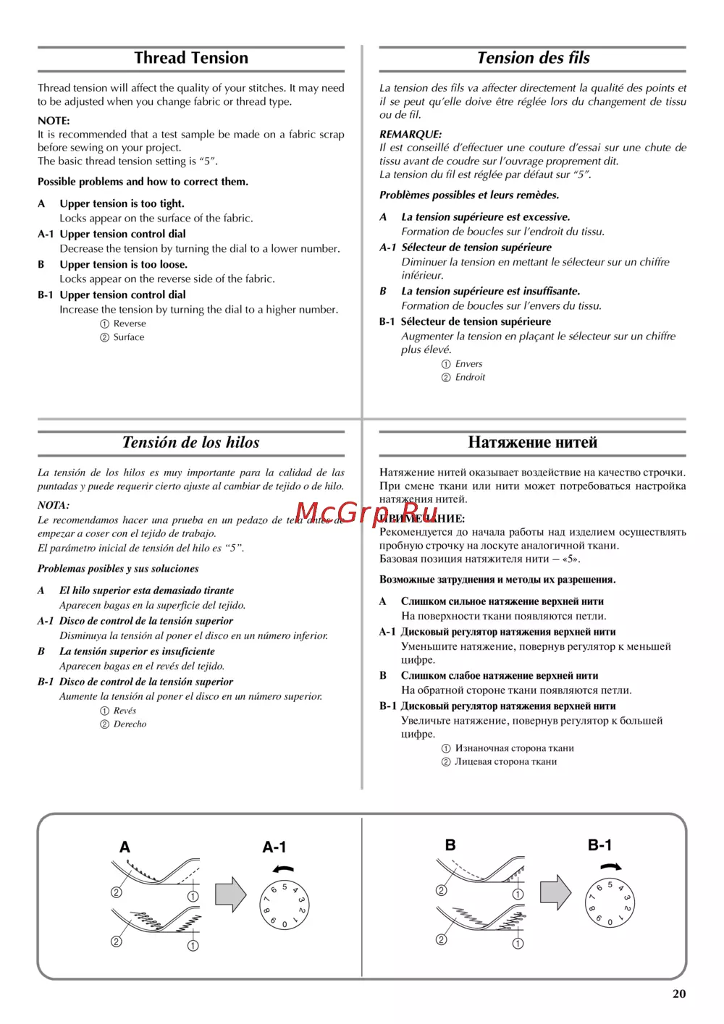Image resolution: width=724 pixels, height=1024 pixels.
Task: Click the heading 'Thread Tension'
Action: (x=191, y=58)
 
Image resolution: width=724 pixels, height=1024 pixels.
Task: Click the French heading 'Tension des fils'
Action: (x=533, y=58)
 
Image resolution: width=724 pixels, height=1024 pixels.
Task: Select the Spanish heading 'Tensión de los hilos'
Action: (x=190, y=442)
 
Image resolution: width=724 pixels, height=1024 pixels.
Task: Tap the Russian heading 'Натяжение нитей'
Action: (x=532, y=442)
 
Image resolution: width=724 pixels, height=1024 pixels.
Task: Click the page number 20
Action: (x=678, y=994)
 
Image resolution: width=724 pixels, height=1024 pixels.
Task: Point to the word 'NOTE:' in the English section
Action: (x=54, y=121)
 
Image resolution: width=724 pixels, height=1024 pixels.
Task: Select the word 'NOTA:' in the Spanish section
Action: (x=54, y=505)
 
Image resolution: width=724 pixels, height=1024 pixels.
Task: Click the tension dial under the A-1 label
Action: (x=285, y=905)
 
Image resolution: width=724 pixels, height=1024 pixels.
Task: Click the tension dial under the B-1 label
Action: (x=610, y=902)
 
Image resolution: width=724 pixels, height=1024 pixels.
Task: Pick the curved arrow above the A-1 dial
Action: (x=284, y=869)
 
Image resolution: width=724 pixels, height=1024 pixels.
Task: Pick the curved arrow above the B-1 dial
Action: (x=610, y=866)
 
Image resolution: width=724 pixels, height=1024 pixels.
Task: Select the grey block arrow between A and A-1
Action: (x=231, y=894)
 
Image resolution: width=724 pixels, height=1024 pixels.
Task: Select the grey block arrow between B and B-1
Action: (x=555, y=892)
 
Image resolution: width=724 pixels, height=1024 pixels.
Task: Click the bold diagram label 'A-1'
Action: (x=274, y=847)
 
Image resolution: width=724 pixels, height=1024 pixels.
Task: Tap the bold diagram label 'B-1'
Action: (x=599, y=845)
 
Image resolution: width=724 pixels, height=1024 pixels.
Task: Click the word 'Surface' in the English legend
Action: (x=129, y=337)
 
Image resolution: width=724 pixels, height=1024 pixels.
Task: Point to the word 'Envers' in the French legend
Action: (x=468, y=364)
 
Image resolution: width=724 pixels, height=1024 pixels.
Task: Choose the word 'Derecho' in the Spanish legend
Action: (x=130, y=724)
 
